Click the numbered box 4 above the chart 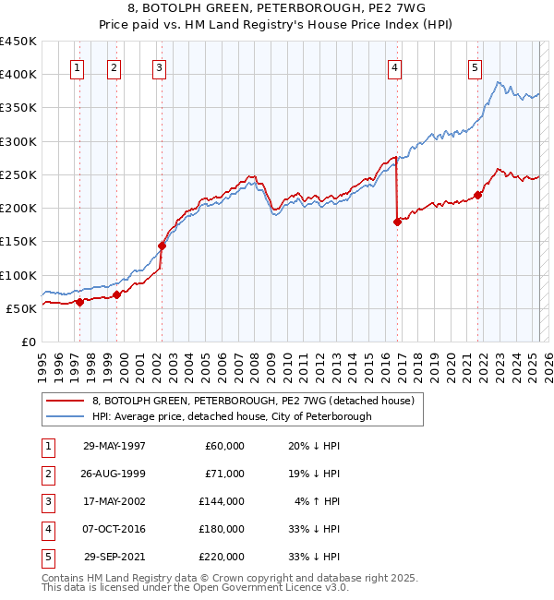(394, 66)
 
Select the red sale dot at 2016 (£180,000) (397, 222)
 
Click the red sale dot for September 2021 (478, 195)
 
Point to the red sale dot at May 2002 (162, 246)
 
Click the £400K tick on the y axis (18, 75)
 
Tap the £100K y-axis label (18, 275)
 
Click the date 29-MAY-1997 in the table (114, 446)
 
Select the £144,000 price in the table (222, 501)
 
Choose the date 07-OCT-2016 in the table (114, 529)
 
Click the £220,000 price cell (222, 557)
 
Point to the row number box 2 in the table (47, 474)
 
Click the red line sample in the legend (64, 401)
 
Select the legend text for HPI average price (231, 416)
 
